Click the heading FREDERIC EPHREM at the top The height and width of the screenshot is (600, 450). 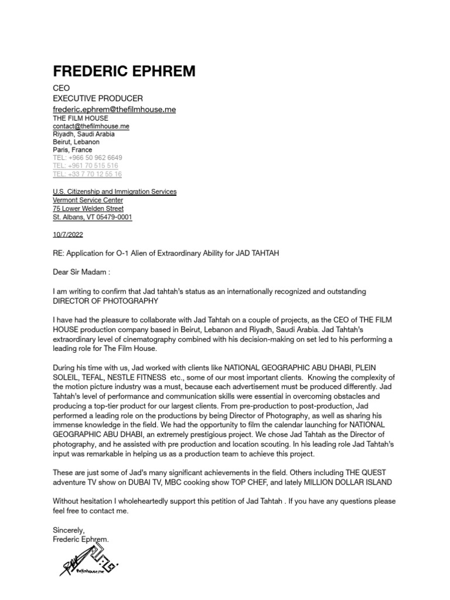click(124, 71)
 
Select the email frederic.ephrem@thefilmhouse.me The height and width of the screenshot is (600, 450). click(114, 109)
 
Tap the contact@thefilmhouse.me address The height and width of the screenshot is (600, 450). click(91, 126)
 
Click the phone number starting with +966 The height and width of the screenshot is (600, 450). click(87, 158)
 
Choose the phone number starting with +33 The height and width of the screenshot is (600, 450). click(87, 174)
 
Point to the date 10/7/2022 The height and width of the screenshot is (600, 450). click(67, 236)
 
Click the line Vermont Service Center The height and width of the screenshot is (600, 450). click(88, 200)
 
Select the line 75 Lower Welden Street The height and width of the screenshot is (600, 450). click(88, 209)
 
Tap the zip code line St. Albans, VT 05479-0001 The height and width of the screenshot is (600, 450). click(93, 217)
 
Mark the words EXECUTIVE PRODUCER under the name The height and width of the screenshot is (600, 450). click(98, 98)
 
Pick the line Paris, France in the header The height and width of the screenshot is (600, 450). click(72, 150)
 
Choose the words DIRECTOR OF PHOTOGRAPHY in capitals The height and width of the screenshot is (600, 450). click(105, 301)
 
